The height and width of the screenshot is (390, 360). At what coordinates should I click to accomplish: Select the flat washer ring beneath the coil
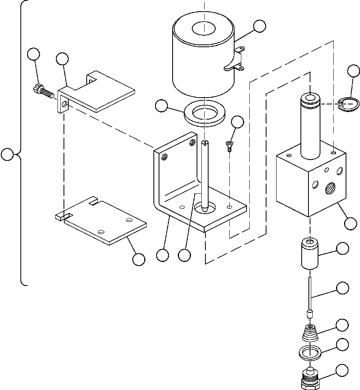204,114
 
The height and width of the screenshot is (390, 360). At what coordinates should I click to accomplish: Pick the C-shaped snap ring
347,105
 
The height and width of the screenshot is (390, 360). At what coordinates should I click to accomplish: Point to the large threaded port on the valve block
331,186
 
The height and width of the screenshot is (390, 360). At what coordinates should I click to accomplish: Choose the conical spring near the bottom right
310,332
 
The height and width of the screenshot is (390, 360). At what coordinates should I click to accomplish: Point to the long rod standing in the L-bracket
205,176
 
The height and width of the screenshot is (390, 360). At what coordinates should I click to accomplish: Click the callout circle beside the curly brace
7,154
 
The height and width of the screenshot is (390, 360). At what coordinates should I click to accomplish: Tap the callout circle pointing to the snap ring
353,71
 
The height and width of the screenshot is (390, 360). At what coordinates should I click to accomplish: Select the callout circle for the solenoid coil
259,26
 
